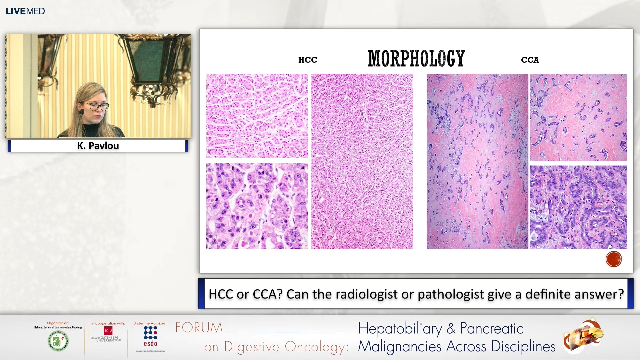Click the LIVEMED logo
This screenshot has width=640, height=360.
click(25, 11)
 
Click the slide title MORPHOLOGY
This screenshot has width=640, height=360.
click(416, 59)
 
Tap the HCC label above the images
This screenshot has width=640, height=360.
click(307, 60)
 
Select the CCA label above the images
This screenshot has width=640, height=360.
click(530, 60)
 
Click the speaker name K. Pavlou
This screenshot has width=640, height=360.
click(98, 146)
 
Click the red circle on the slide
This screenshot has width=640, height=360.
click(613, 259)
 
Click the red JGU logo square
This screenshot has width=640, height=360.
click(108, 330)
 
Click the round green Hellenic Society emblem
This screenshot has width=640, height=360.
click(58, 341)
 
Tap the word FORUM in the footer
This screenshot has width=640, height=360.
click(199, 328)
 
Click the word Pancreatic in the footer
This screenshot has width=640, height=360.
click(491, 329)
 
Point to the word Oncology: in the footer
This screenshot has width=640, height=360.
click(317, 347)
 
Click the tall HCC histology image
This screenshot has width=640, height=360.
click(362, 161)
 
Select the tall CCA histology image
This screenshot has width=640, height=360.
click(477, 161)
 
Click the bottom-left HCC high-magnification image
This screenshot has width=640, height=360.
click(257, 206)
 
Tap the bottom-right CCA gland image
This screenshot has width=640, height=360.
click(578, 207)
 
